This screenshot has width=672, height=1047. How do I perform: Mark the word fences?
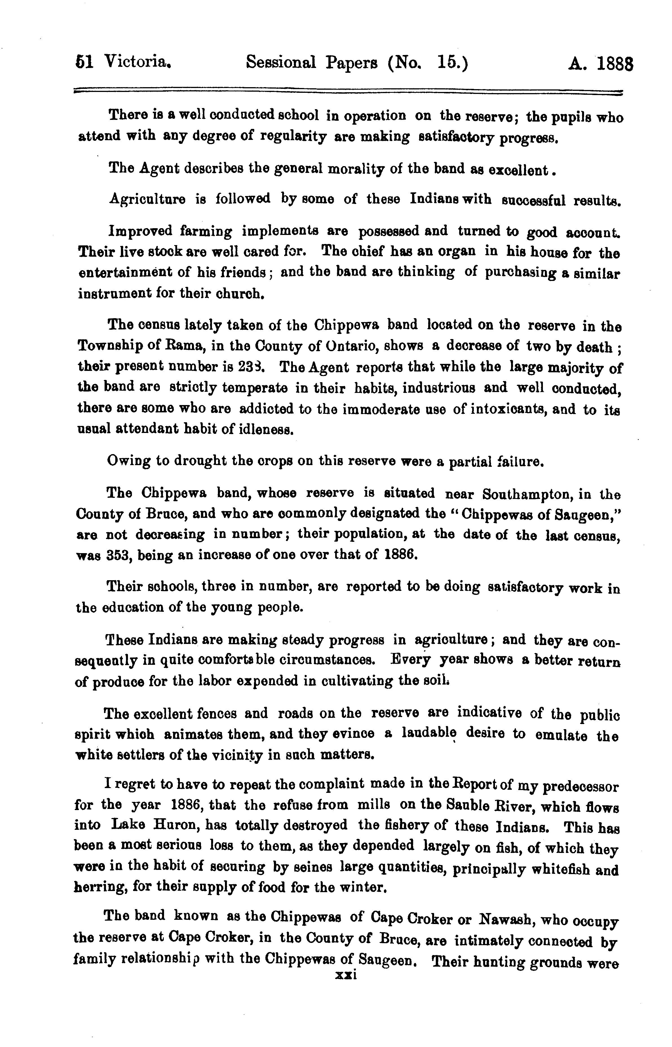[x=217, y=713]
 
